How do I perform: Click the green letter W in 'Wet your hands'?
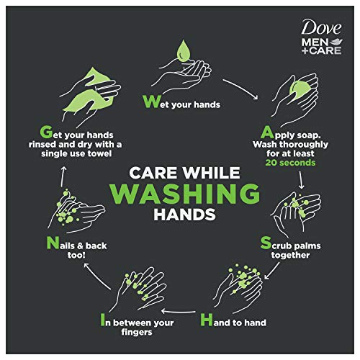point(149,102)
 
